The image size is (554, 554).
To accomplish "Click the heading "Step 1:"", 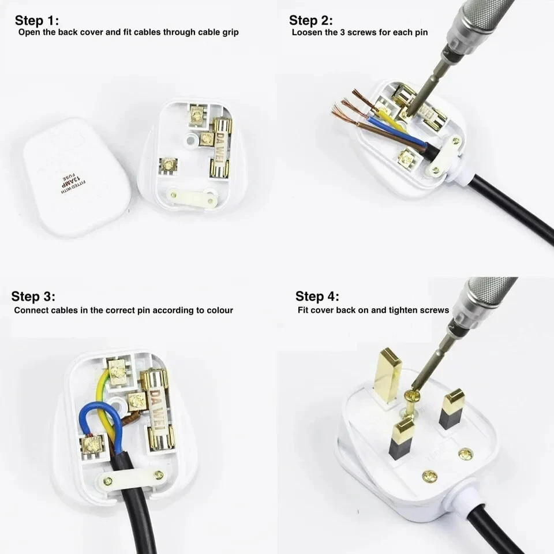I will coord(37,21).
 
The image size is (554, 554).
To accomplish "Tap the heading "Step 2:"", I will coord(311,21).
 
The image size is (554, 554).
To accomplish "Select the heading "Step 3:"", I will coord(33,297).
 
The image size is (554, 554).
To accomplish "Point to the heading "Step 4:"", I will coord(317,297).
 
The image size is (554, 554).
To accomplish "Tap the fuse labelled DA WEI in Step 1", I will coord(222,147).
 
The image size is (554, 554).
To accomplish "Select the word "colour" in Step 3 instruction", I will coord(217,310).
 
